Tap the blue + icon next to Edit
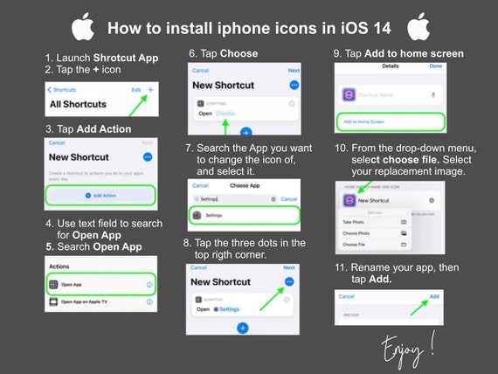150,90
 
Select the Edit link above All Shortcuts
135,90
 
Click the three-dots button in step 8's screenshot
290,281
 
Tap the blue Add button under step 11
434,296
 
